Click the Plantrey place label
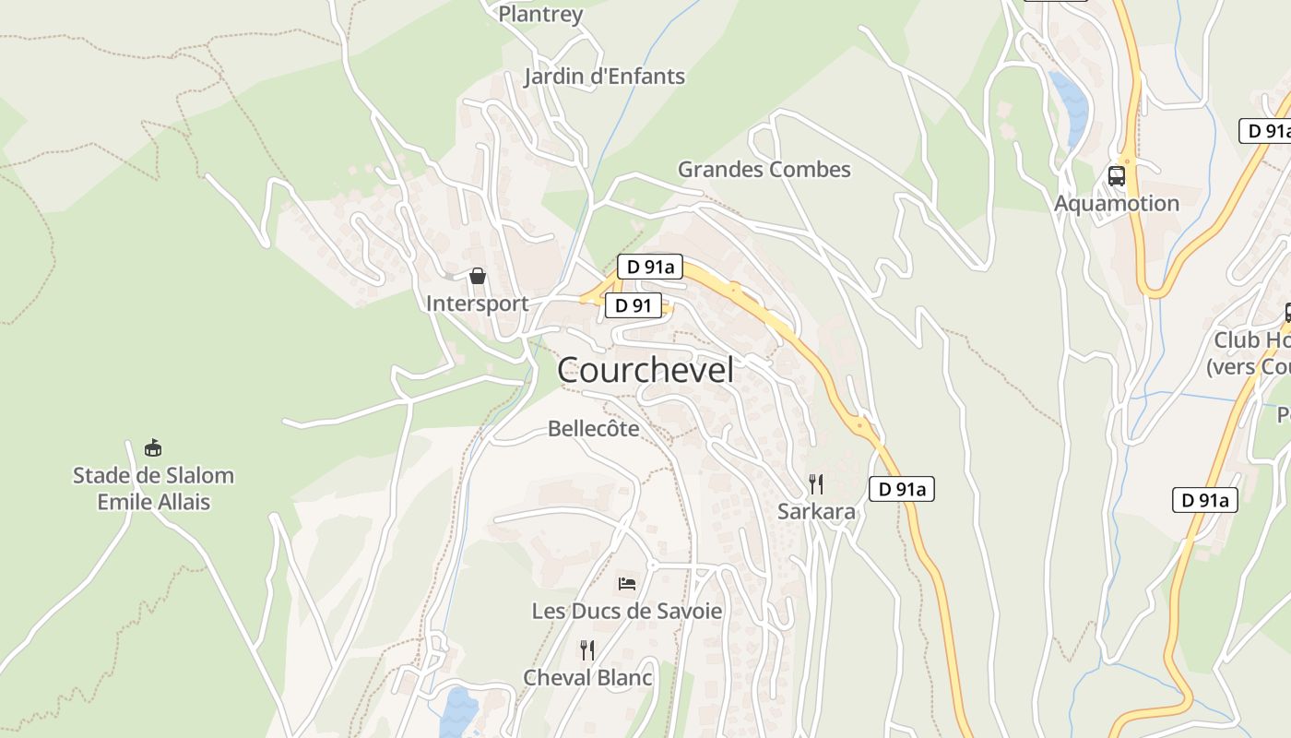pyautogui.click(x=540, y=14)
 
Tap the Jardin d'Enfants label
pyautogui.click(x=605, y=77)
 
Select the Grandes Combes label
pyautogui.click(x=764, y=170)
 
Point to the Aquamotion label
pyautogui.click(x=1117, y=204)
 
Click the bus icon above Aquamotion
pyautogui.click(x=1117, y=175)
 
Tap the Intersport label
pyautogui.click(x=477, y=304)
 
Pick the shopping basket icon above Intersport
pyautogui.click(x=478, y=275)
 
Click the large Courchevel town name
pyautogui.click(x=645, y=371)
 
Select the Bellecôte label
pyautogui.click(x=593, y=429)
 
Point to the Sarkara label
pyautogui.click(x=816, y=512)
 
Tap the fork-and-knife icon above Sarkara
pyautogui.click(x=816, y=483)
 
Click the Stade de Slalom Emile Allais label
pyautogui.click(x=153, y=489)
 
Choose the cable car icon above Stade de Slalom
pyautogui.click(x=153, y=448)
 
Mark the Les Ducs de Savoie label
pyautogui.click(x=627, y=612)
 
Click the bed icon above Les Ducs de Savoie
pyautogui.click(x=627, y=583)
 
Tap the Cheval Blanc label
pyautogui.click(x=587, y=678)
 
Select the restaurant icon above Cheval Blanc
pyautogui.click(x=587, y=649)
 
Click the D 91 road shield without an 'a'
pyautogui.click(x=633, y=306)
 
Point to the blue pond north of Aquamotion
pyautogui.click(x=1070, y=106)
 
